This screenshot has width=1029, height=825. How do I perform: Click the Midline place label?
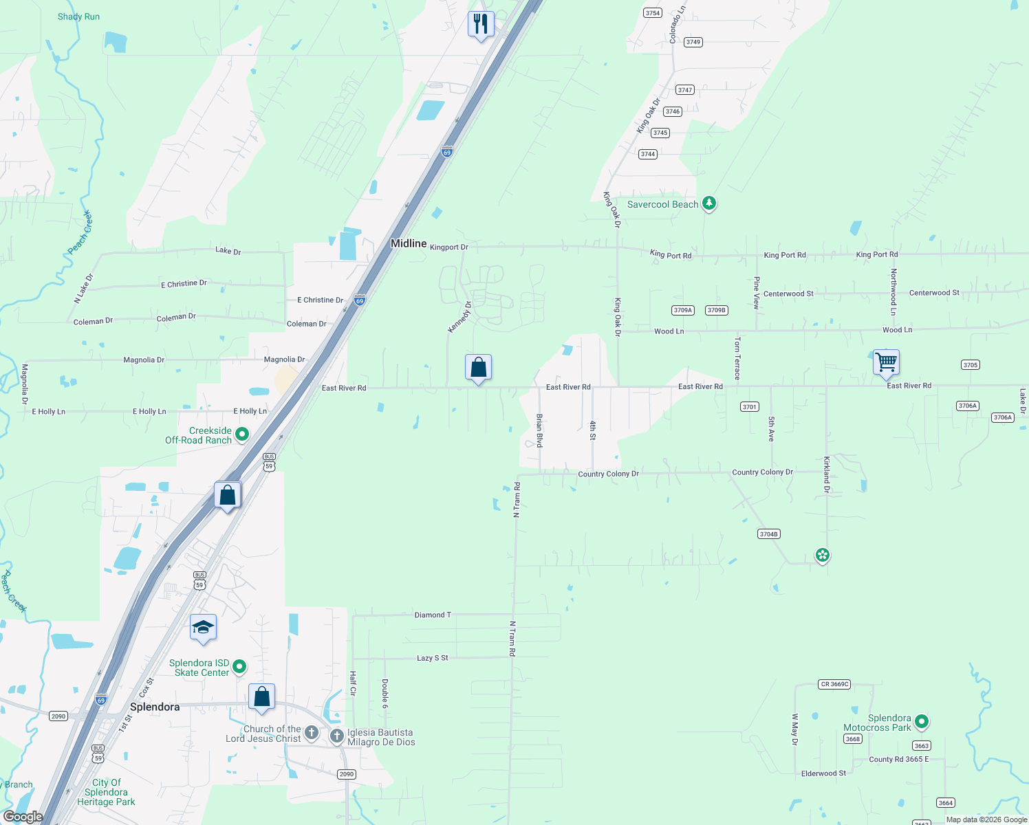pyautogui.click(x=409, y=243)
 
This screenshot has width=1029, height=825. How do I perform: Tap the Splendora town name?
pyautogui.click(x=155, y=707)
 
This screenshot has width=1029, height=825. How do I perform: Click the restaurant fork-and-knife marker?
pyautogui.click(x=481, y=25)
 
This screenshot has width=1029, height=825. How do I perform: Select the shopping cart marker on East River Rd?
pyautogui.click(x=886, y=362)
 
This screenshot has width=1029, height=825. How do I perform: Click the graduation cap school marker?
pyautogui.click(x=203, y=628)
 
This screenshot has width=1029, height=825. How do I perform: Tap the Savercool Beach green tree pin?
pyautogui.click(x=709, y=203)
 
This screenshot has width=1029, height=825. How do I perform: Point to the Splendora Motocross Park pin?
pyautogui.click(x=922, y=722)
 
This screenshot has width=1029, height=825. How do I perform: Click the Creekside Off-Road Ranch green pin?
pyautogui.click(x=241, y=434)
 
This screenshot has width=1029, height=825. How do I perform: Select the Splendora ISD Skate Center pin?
pyautogui.click(x=239, y=666)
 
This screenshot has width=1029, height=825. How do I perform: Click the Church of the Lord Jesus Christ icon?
pyautogui.click(x=312, y=733)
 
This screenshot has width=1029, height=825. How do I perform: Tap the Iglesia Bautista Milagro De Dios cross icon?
pyautogui.click(x=336, y=736)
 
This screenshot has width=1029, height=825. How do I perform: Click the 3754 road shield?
pyautogui.click(x=652, y=13)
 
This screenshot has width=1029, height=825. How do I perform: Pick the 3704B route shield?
pyautogui.click(x=768, y=534)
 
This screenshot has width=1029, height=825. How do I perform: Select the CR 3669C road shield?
pyautogui.click(x=834, y=684)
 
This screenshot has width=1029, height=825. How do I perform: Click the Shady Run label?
pyautogui.click(x=78, y=16)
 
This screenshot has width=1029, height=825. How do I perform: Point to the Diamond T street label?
pyautogui.click(x=433, y=615)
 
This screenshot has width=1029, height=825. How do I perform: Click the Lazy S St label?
pyautogui.click(x=432, y=658)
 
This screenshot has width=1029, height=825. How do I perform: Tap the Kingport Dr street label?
pyautogui.click(x=448, y=247)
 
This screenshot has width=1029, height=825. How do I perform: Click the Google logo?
pyautogui.click(x=23, y=817)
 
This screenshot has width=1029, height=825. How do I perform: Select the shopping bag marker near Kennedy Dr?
pyautogui.click(x=478, y=368)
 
